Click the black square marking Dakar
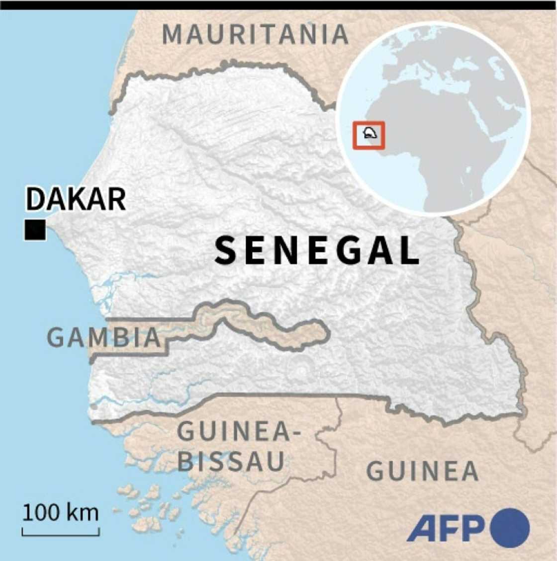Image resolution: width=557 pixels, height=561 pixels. tap(35, 230)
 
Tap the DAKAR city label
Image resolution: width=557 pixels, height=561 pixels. tap(76, 199)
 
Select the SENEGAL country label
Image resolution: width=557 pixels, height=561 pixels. tap(317, 251)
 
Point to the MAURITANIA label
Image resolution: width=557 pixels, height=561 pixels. tap(256, 34)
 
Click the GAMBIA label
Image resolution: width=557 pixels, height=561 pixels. tap(104, 337)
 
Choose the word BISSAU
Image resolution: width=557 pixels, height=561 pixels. tap(231, 461)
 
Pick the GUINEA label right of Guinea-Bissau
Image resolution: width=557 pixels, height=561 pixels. tap(422, 471)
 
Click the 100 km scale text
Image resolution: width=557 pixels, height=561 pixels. tap(60, 512)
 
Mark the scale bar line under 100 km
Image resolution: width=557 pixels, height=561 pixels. tap(61, 534)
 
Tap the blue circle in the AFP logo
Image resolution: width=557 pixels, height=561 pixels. tap(510, 528)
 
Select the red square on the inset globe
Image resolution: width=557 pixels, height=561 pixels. tap(369, 135)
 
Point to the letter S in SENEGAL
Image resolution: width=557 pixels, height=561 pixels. tap(225, 251)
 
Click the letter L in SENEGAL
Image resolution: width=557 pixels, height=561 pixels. tap(409, 251)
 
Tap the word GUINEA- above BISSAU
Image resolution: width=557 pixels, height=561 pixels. tap(239, 431)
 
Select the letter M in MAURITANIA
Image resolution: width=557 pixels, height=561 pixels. tap(173, 34)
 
